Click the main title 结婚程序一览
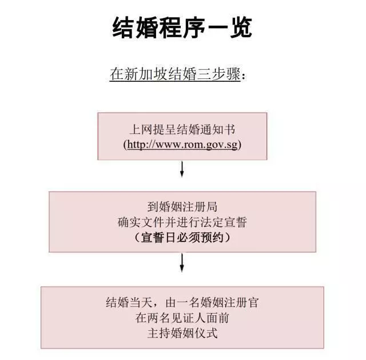[182, 27]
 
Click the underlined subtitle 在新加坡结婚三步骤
[175, 74]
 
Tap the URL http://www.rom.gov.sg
[182, 144]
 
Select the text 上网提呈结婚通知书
[182, 129]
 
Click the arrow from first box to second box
[182, 169]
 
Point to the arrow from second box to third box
[182, 263]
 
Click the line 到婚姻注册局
[182, 207]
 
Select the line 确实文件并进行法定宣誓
[182, 222]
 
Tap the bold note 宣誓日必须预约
[182, 238]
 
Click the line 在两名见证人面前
[182, 318]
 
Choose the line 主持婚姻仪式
[182, 333]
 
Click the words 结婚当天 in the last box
[129, 302]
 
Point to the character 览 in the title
[241, 27]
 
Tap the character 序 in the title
[194, 27]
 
